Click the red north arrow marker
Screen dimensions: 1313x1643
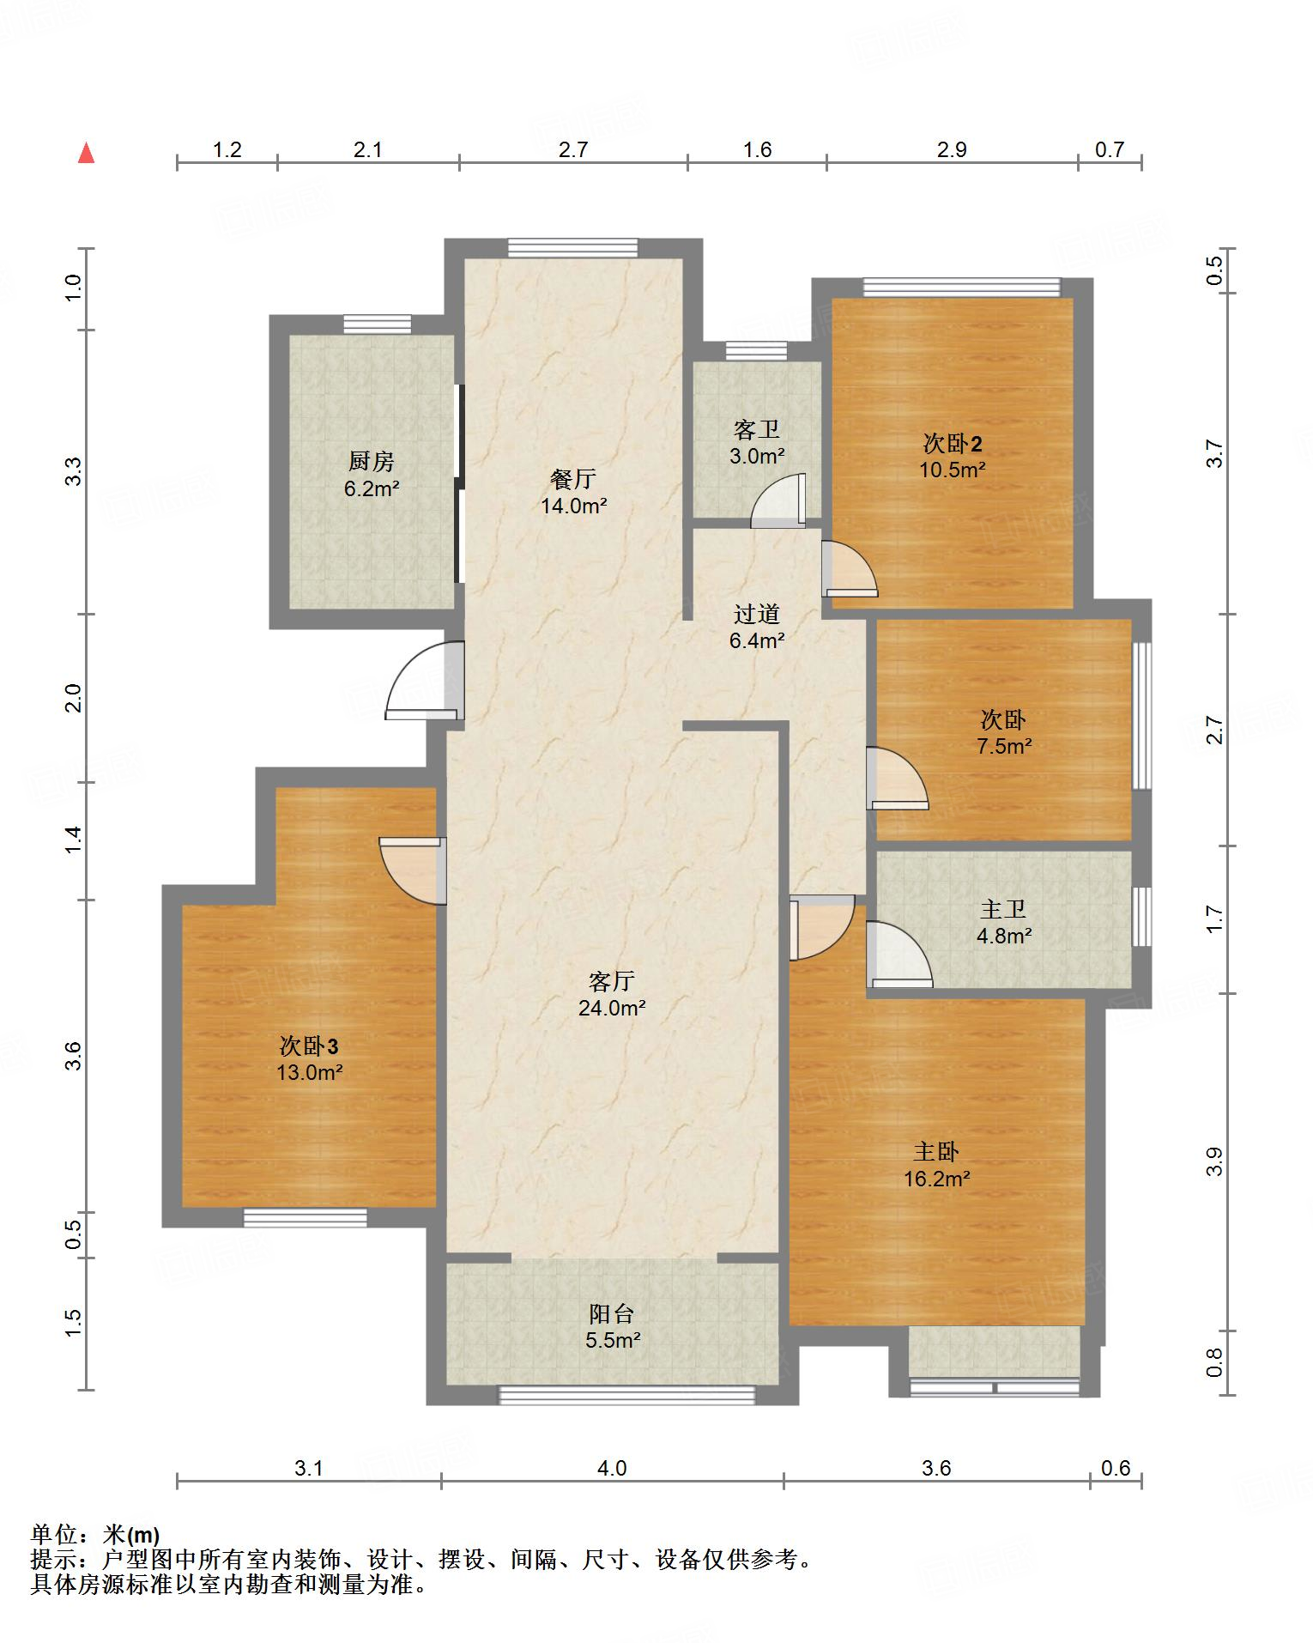[x=86, y=153]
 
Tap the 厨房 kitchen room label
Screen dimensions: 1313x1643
[x=372, y=462]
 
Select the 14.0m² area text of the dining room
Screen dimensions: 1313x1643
[x=573, y=506]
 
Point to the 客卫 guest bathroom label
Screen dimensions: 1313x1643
[x=757, y=428]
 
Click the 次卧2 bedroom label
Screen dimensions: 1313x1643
[x=953, y=443]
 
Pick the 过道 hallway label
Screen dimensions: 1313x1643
[x=757, y=614]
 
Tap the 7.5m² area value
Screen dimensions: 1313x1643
[x=1003, y=746]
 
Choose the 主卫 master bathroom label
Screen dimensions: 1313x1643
[x=1003, y=909]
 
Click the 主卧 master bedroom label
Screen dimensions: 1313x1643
[x=936, y=1152]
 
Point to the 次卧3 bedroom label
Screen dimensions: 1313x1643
[x=309, y=1046]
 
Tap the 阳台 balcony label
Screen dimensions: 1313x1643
[x=612, y=1313]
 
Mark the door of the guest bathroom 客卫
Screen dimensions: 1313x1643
[x=778, y=500]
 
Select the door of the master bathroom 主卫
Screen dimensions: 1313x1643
[x=899, y=954]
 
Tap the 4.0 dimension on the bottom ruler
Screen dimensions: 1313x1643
[x=612, y=1468]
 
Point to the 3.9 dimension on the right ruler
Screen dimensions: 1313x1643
[x=1213, y=1161]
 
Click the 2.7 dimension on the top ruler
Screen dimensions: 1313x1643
[x=573, y=149]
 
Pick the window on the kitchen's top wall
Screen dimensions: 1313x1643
[x=378, y=324]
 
